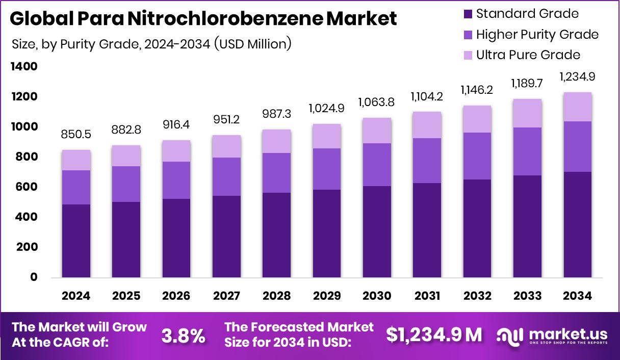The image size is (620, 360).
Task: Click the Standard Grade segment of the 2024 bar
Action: (x=76, y=241)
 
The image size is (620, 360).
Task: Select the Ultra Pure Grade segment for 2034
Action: (x=577, y=107)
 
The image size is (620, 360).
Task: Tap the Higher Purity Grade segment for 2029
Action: (x=327, y=169)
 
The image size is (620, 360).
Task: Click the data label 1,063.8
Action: (x=377, y=102)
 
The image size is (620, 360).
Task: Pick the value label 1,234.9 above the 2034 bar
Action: (x=577, y=77)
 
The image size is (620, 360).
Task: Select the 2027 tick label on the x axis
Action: (x=226, y=296)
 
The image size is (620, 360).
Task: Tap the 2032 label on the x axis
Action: (x=477, y=296)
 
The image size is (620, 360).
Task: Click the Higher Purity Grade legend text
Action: (x=537, y=34)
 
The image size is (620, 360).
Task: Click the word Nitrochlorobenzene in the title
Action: (x=225, y=19)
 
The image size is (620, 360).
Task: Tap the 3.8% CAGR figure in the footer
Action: (x=183, y=336)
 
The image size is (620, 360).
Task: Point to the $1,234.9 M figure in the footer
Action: (x=433, y=335)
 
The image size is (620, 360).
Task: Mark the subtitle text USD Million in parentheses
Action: (x=252, y=44)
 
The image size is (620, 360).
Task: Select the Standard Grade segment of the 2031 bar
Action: (x=427, y=230)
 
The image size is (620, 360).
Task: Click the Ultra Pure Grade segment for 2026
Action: (x=176, y=151)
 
